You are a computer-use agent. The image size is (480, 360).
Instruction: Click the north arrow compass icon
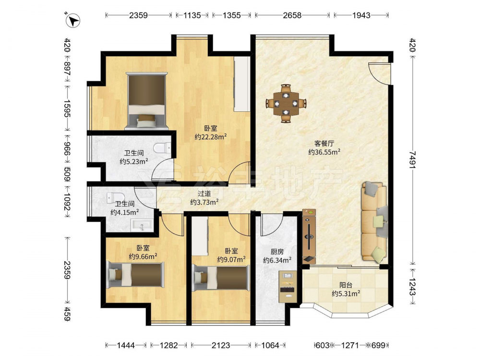click(73, 21)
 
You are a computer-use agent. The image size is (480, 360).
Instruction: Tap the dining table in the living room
click(286, 104)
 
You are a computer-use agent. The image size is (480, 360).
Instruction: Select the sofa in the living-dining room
click(374, 222)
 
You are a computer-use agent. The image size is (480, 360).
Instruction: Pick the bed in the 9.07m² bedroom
click(221, 277)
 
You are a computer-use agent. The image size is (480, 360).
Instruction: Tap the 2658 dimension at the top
click(292, 15)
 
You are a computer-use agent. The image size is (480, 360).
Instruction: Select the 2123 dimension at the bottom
click(221, 345)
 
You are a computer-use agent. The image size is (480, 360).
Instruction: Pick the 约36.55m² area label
click(324, 152)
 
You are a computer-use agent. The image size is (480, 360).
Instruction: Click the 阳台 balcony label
click(346, 285)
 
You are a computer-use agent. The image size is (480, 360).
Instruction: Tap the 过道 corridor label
click(204, 193)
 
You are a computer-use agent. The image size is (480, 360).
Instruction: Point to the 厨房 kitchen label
click(277, 252)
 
